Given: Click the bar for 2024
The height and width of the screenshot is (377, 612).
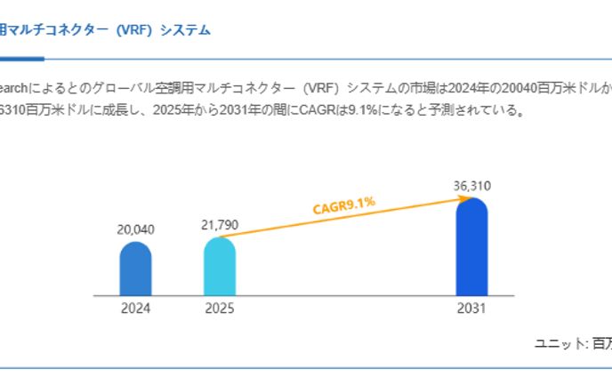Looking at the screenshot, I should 136,269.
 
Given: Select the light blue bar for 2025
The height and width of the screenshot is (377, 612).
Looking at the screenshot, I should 220,266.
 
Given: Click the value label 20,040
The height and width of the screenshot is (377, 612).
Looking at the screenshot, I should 136,229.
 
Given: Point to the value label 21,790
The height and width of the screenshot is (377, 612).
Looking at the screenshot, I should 219,224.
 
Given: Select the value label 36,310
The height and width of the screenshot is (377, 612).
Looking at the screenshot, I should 471,186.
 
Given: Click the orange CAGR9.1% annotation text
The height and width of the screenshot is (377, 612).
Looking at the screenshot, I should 344,206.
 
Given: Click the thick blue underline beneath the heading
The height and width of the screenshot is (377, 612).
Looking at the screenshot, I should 21,59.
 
